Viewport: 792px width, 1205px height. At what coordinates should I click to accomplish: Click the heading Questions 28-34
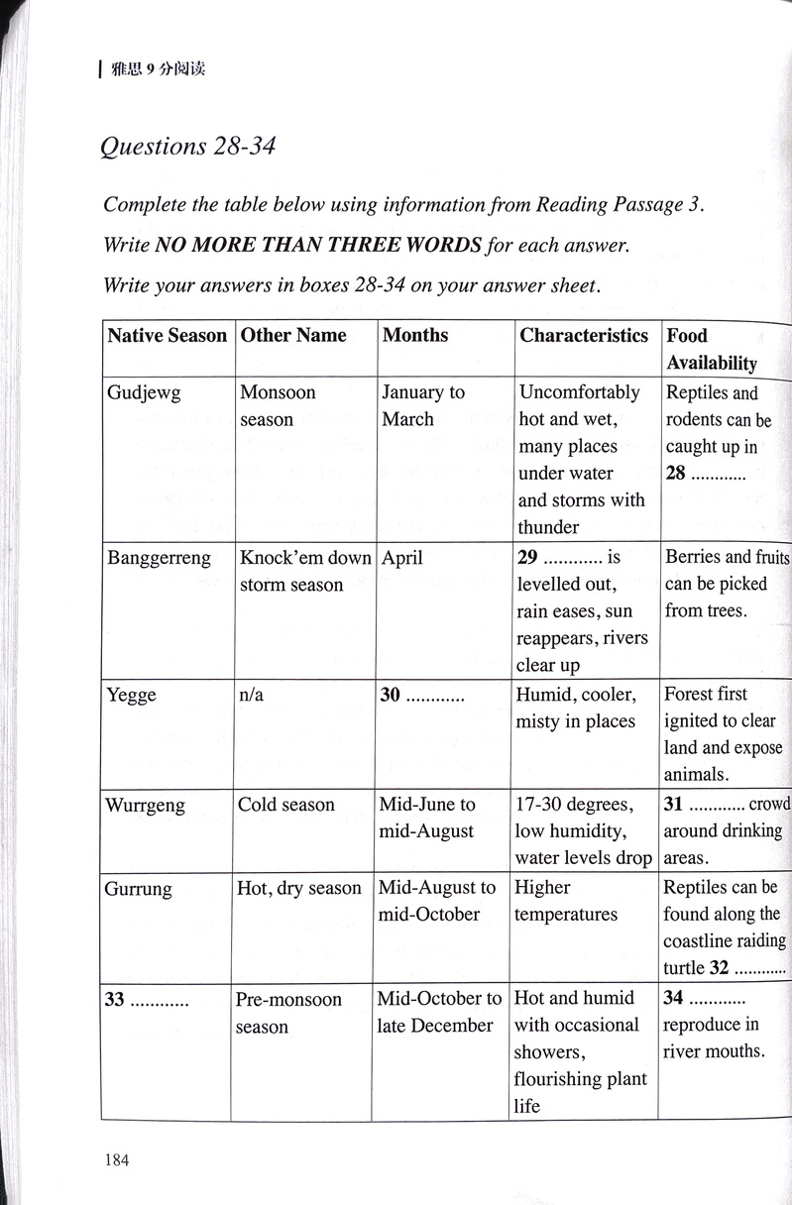coord(187,147)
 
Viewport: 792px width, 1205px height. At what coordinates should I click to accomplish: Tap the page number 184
coord(116,1159)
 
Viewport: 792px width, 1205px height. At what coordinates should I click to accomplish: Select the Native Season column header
coord(167,335)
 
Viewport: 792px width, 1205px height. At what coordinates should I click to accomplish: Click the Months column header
coord(415,335)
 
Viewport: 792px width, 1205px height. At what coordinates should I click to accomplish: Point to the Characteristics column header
coord(583,335)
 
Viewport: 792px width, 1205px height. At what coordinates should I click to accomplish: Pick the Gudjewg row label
coord(144,392)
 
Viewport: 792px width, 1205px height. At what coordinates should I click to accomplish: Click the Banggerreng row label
coord(159,558)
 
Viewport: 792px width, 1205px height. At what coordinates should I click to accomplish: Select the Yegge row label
coord(131,695)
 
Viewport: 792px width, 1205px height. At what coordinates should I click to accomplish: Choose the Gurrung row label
coord(138,888)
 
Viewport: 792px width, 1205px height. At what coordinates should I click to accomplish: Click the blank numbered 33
coord(147,1000)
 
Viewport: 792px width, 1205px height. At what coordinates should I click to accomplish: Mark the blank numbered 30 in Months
coord(422,695)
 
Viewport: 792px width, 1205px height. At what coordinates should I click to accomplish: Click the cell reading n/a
coord(252,695)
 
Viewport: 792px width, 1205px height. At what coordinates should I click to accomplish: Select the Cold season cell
coord(286,805)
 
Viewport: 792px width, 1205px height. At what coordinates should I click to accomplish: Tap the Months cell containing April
coord(402,558)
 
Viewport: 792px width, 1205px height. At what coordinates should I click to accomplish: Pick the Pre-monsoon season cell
coord(287,1013)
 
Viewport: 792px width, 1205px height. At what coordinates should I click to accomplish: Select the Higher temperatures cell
coord(565,901)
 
